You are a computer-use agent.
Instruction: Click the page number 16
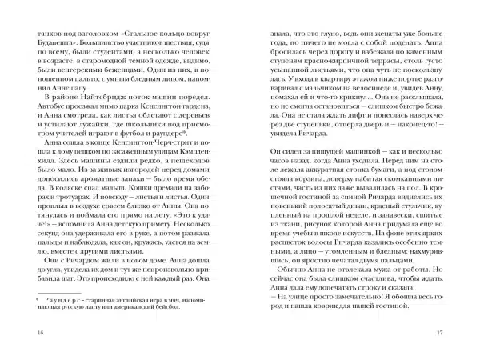(x=30, y=333)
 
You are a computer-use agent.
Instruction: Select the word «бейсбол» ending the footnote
(x=205, y=304)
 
